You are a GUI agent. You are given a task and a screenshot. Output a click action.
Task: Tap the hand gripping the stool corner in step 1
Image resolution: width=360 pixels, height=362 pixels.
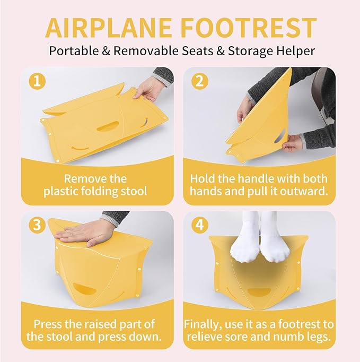click(151, 88)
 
